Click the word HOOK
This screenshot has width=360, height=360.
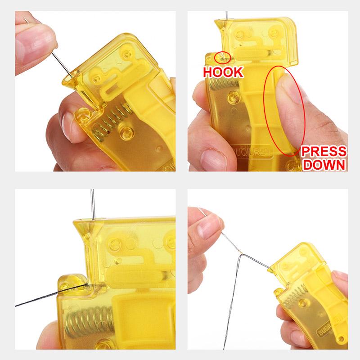[223, 71]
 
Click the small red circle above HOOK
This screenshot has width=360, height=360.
[223, 57]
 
